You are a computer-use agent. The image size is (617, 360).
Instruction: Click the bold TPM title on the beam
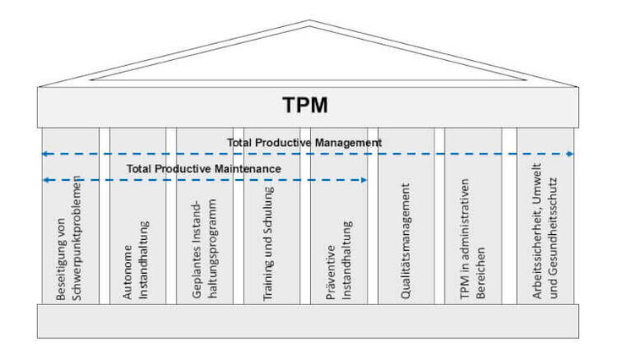(x=304, y=106)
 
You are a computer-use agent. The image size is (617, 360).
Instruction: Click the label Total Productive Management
(x=304, y=143)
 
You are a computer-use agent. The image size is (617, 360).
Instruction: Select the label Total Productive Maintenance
(x=204, y=169)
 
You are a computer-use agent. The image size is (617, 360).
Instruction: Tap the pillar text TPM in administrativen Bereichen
(x=472, y=245)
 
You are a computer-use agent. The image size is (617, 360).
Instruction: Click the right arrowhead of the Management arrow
(x=571, y=154)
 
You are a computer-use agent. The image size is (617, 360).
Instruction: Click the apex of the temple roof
(x=307, y=22)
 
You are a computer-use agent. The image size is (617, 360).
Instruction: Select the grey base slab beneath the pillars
(x=308, y=321)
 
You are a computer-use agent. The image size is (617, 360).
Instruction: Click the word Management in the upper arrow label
(x=348, y=143)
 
